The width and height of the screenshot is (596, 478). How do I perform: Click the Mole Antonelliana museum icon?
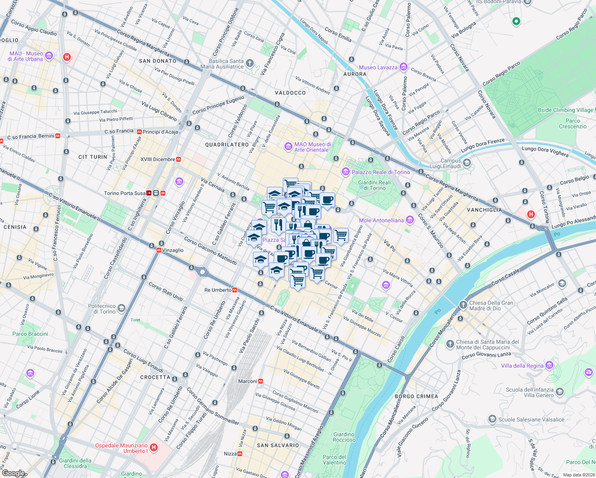click(x=410, y=220)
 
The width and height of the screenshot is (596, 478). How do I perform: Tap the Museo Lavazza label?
click(x=378, y=67)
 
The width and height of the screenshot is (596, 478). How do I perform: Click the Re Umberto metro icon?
click(x=235, y=290)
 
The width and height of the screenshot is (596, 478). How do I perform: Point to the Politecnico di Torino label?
click(x=102, y=309)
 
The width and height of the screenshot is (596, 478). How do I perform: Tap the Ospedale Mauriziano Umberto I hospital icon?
click(x=154, y=448)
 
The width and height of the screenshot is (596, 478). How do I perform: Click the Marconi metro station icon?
click(x=261, y=381)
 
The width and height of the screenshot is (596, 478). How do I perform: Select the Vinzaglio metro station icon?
click(x=159, y=251)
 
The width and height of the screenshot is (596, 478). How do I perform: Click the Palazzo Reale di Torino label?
click(x=380, y=172)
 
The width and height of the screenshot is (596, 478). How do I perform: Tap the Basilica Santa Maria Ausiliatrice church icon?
click(x=249, y=63)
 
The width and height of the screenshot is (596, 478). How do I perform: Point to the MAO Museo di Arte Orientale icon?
click(x=288, y=147)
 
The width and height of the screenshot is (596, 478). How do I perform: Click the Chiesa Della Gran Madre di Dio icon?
click(x=463, y=305)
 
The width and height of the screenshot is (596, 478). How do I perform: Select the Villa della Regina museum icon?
click(x=549, y=365)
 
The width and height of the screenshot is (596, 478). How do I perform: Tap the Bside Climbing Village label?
click(x=565, y=110)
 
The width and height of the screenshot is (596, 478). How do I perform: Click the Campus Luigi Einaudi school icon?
click(x=467, y=163)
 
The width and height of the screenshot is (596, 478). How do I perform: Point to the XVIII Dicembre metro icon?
click(x=179, y=159)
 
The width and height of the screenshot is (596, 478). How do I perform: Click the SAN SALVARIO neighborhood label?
click(x=278, y=445)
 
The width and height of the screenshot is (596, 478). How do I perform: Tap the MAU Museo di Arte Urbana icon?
click(x=49, y=56)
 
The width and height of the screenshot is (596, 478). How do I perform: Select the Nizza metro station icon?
click(x=240, y=454)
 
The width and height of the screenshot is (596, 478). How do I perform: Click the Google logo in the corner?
click(x=13, y=473)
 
